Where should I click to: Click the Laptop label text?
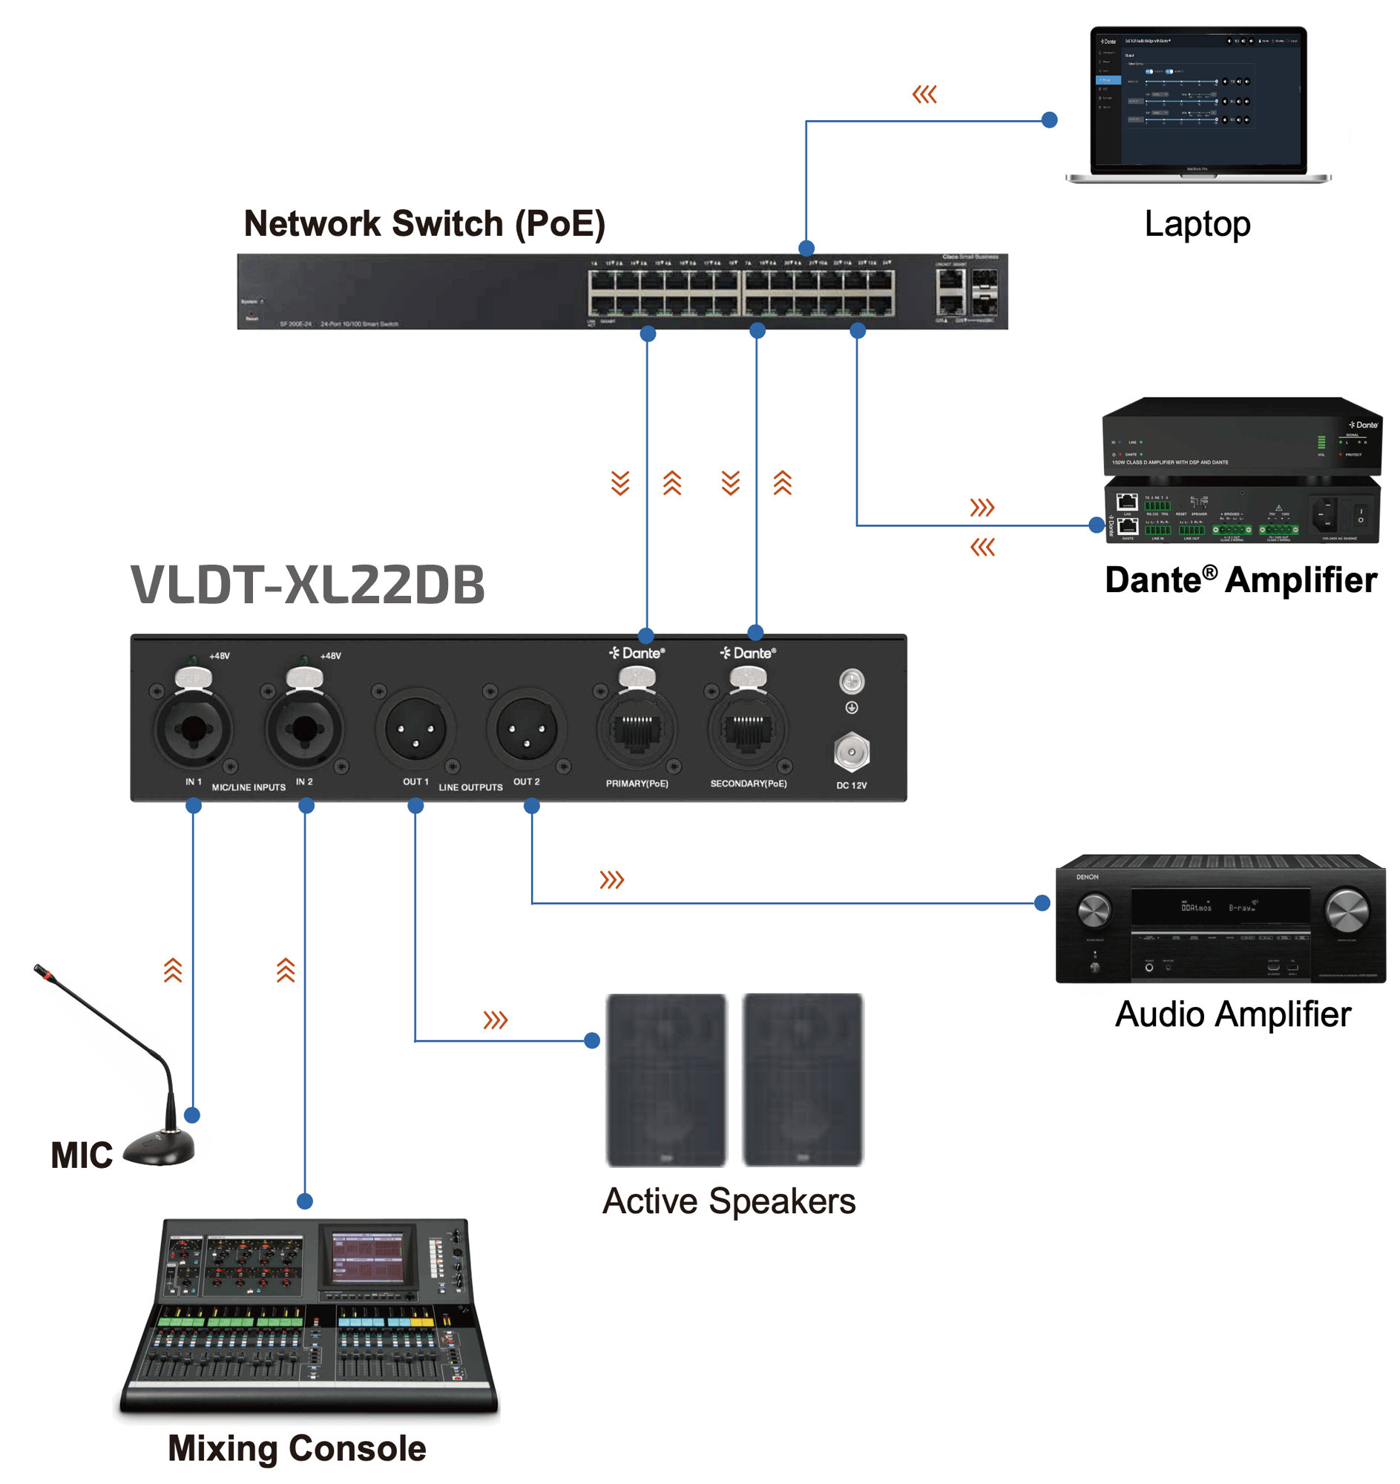1197,224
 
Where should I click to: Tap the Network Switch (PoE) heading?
424,224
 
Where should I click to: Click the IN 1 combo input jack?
194,729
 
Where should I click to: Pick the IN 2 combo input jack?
303,729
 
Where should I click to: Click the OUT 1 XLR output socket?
415,729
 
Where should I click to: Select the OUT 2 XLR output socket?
526,729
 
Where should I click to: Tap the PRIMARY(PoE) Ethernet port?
637,729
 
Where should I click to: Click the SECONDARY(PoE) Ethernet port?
747,729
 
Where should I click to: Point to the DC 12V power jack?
852,752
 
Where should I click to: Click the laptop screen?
1197,97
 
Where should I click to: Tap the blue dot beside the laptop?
1049,119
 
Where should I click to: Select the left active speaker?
666,1080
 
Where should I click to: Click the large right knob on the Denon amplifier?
1347,910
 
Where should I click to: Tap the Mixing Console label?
297,1448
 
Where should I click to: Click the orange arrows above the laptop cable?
924,95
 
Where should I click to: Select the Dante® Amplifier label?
1240,580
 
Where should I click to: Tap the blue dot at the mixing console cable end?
304,1201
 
